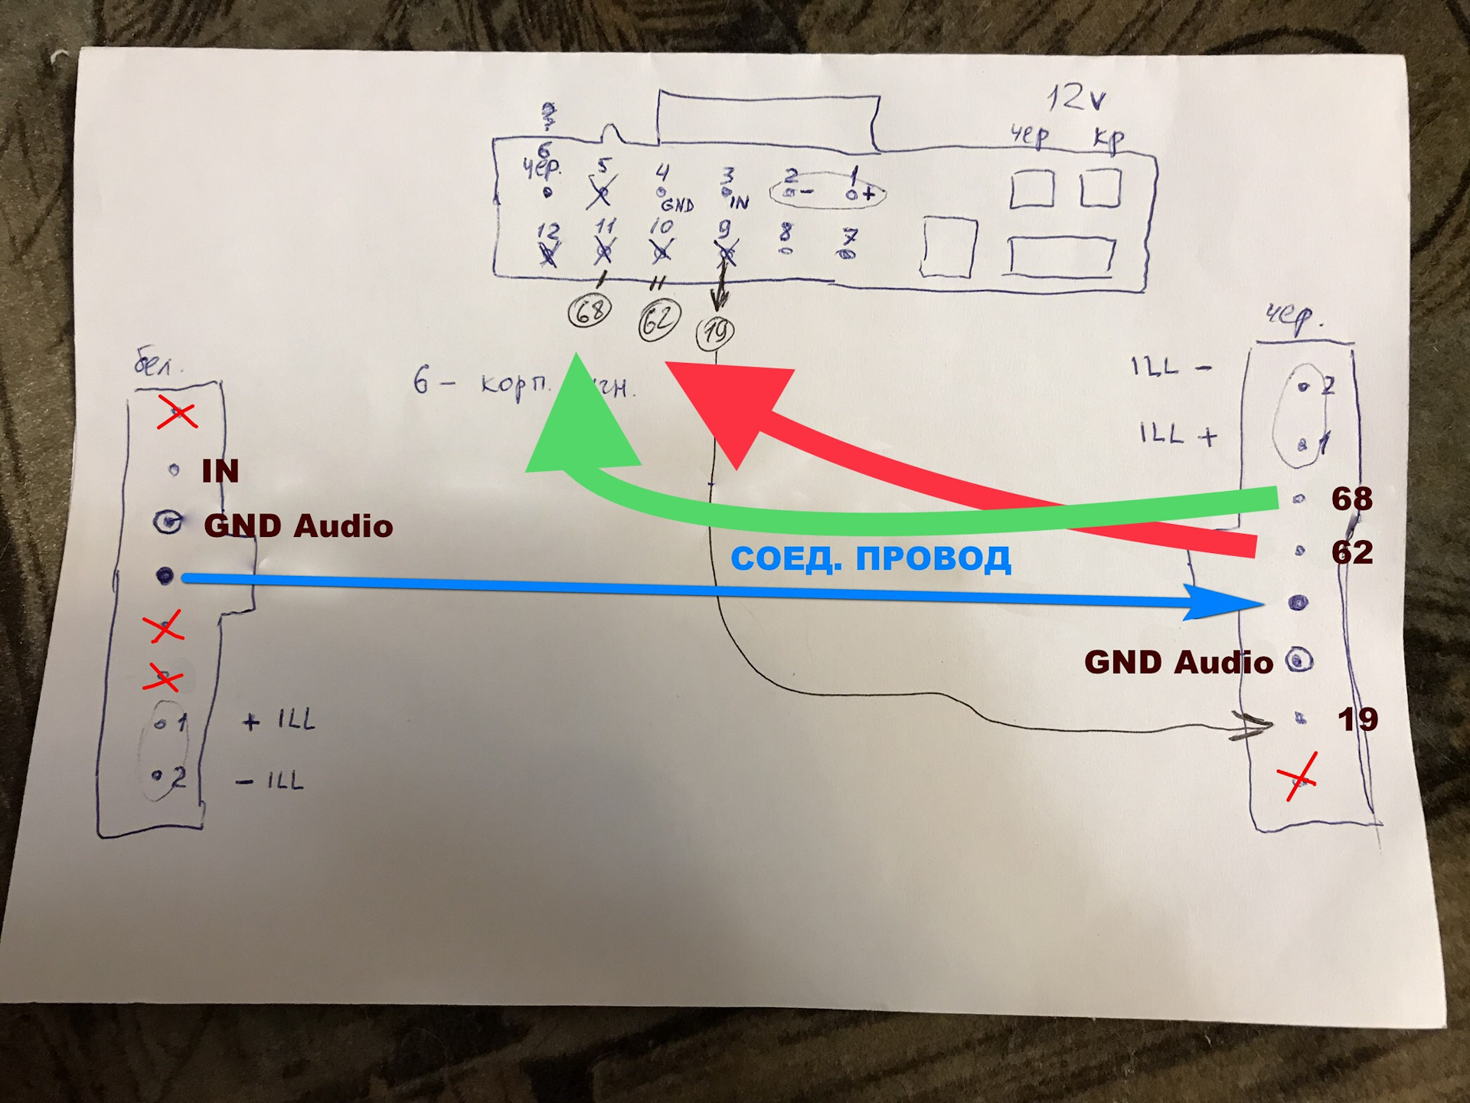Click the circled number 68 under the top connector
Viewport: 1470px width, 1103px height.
[590, 311]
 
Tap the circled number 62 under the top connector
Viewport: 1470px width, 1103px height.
[658, 321]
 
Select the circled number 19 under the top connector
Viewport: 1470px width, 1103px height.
[715, 332]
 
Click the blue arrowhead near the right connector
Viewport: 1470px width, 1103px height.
[1225, 603]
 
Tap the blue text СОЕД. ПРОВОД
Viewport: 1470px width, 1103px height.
[871, 558]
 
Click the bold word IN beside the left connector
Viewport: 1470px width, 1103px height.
[220, 471]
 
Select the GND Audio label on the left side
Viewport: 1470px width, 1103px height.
[298, 526]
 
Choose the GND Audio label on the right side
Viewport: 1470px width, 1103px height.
[1178, 663]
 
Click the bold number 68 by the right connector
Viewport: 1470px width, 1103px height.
[1351, 499]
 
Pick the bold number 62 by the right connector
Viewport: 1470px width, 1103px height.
[1351, 552]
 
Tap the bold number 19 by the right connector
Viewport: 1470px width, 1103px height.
[1357, 719]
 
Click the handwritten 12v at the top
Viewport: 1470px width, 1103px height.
[1076, 98]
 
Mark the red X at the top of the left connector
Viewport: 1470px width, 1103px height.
[177, 414]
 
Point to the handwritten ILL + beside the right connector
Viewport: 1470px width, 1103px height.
[1178, 434]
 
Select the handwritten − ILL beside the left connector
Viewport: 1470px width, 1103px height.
[269, 781]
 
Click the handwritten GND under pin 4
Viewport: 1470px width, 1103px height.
[677, 205]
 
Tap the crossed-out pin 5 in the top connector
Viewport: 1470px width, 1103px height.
[602, 188]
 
